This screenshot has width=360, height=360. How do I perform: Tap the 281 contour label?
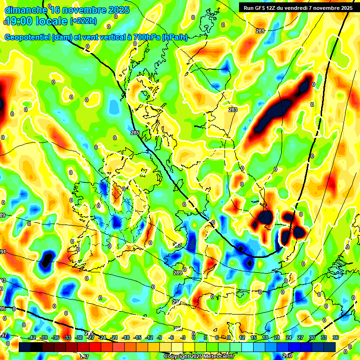[x=260, y=31]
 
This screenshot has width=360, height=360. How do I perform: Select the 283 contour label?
[x=233, y=110]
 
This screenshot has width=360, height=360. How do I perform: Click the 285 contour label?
[x=135, y=133]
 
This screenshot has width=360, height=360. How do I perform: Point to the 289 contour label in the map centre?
[x=177, y=273]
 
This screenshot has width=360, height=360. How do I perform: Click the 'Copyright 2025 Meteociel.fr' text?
[x=199, y=357]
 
